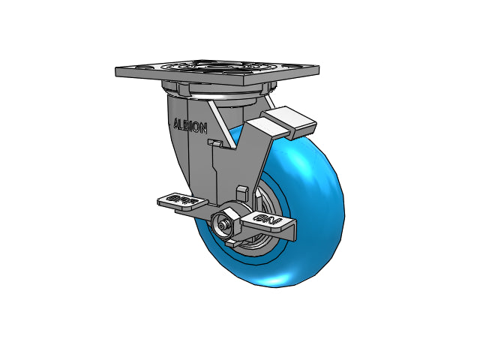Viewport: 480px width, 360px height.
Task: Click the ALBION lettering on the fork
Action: pos(190,125)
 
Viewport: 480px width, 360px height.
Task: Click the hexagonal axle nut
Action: pos(224,223)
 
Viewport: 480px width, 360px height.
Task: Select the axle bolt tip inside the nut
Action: pos(223,223)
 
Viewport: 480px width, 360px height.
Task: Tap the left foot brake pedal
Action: pos(179,201)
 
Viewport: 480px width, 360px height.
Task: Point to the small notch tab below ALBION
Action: pos(214,142)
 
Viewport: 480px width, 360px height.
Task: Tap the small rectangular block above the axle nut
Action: pos(242,192)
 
